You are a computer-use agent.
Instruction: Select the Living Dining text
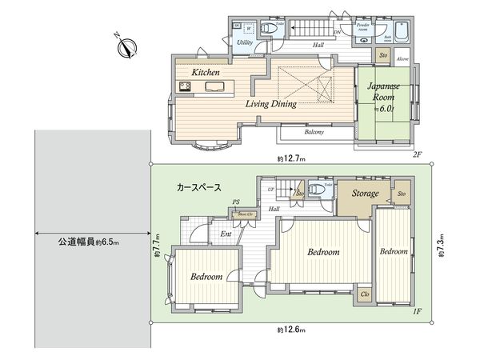click(271, 104)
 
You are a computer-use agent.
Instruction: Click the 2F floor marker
click(417, 154)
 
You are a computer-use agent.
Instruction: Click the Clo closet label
click(364, 294)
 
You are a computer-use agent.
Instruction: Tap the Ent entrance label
click(226, 234)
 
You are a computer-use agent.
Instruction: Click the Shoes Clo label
click(244, 214)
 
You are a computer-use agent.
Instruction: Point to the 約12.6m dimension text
click(292, 329)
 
